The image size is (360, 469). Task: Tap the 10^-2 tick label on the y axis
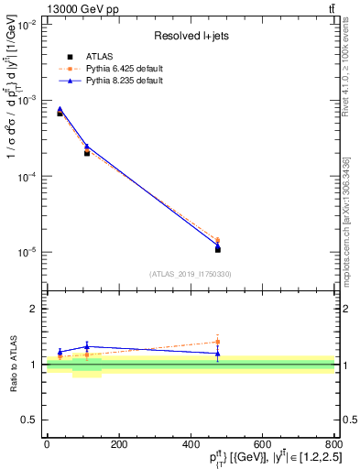(27, 25)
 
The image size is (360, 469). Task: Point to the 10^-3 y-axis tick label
(27, 101)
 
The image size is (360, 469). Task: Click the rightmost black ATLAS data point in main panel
(218, 249)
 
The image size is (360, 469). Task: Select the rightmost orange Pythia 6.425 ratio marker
(218, 342)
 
